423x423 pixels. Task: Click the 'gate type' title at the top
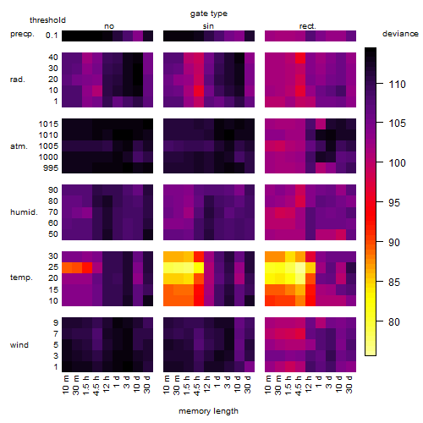(x=209, y=14)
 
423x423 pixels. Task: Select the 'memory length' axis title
(x=208, y=411)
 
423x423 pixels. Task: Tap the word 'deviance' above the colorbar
(x=400, y=34)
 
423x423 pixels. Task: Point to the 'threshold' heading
(x=47, y=20)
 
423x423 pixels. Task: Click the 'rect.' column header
(x=308, y=26)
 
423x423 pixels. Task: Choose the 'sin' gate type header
(x=208, y=26)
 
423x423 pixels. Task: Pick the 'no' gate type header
(x=109, y=26)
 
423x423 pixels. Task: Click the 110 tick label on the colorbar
(x=398, y=84)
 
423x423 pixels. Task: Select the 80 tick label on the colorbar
(x=394, y=321)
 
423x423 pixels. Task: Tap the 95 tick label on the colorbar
(x=394, y=202)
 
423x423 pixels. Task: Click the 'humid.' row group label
(x=24, y=212)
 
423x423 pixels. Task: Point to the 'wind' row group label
(x=19, y=345)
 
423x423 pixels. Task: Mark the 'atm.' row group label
(x=19, y=146)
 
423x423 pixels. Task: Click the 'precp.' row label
(x=22, y=34)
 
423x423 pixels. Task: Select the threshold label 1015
(x=48, y=124)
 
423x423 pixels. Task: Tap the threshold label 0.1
(x=52, y=36)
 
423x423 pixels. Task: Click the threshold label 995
(x=51, y=168)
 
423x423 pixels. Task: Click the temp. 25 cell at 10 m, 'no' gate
(x=67, y=267)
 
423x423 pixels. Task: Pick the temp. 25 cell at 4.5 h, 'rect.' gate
(x=300, y=267)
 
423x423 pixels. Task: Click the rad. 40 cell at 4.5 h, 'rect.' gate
(x=300, y=58)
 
